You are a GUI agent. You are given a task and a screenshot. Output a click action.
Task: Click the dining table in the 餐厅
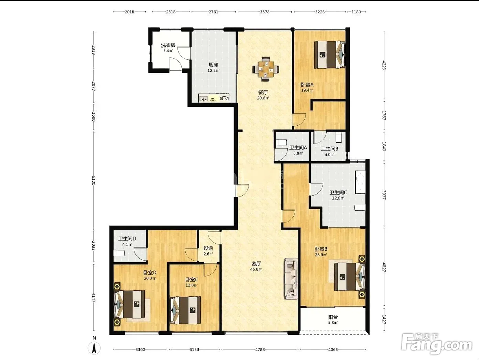point(266,69)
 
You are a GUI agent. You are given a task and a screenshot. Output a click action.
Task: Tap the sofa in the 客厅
point(291,279)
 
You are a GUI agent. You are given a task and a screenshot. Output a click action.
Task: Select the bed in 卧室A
point(329,55)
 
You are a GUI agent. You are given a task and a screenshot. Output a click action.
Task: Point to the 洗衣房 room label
point(168,45)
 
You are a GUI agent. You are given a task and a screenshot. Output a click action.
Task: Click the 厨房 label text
point(213,65)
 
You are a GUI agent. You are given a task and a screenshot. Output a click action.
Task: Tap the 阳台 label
point(333,317)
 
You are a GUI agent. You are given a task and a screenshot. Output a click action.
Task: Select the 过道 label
point(208,248)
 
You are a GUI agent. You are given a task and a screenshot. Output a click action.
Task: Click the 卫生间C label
point(338,193)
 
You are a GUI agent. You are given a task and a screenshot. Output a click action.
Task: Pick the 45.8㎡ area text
point(256,270)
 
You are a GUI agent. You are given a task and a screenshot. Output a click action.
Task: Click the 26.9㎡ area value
point(321,255)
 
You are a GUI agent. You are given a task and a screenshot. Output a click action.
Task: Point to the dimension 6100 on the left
point(94,180)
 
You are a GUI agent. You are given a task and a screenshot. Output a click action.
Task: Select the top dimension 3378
point(265,12)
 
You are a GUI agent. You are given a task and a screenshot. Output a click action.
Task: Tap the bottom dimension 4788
point(260,349)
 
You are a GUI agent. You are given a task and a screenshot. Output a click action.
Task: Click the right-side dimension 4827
point(384,267)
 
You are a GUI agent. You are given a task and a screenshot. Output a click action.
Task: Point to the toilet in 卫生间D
point(119,253)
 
